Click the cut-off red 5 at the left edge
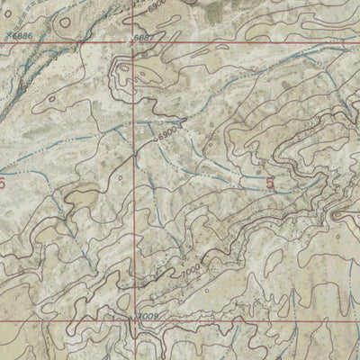(x=3, y=183)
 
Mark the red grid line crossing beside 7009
(x=138, y=321)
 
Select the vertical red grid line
(x=138, y=180)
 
